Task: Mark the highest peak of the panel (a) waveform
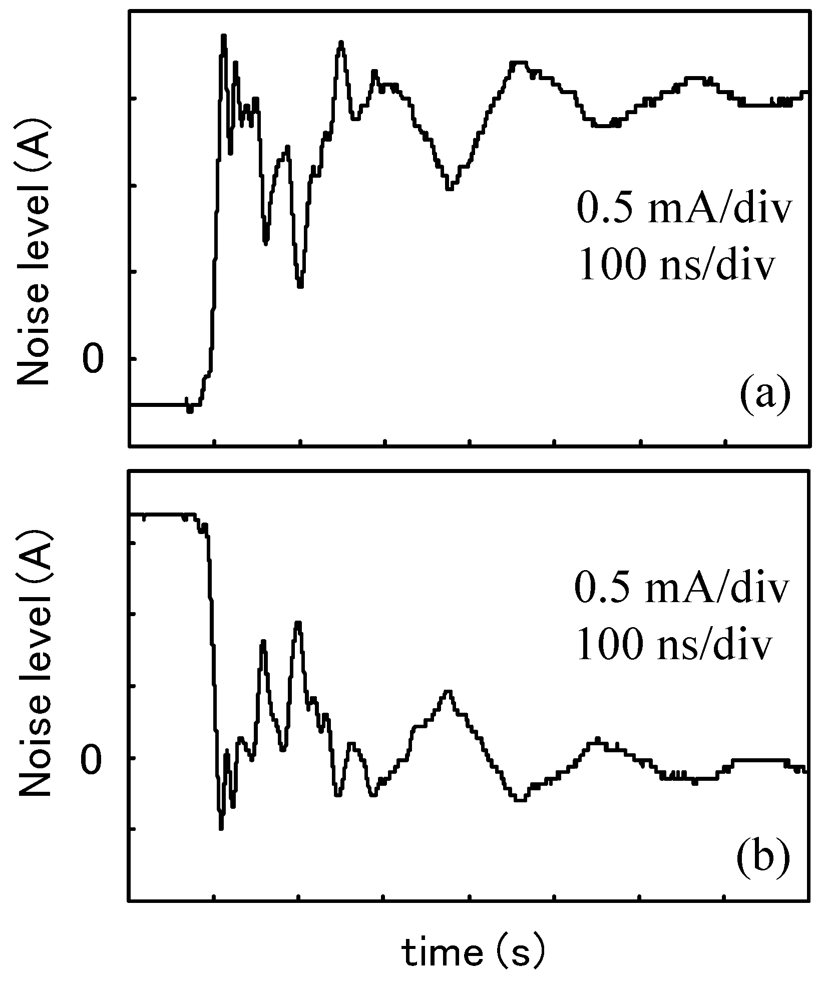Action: click(x=223, y=37)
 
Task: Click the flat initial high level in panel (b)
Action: click(x=160, y=514)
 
